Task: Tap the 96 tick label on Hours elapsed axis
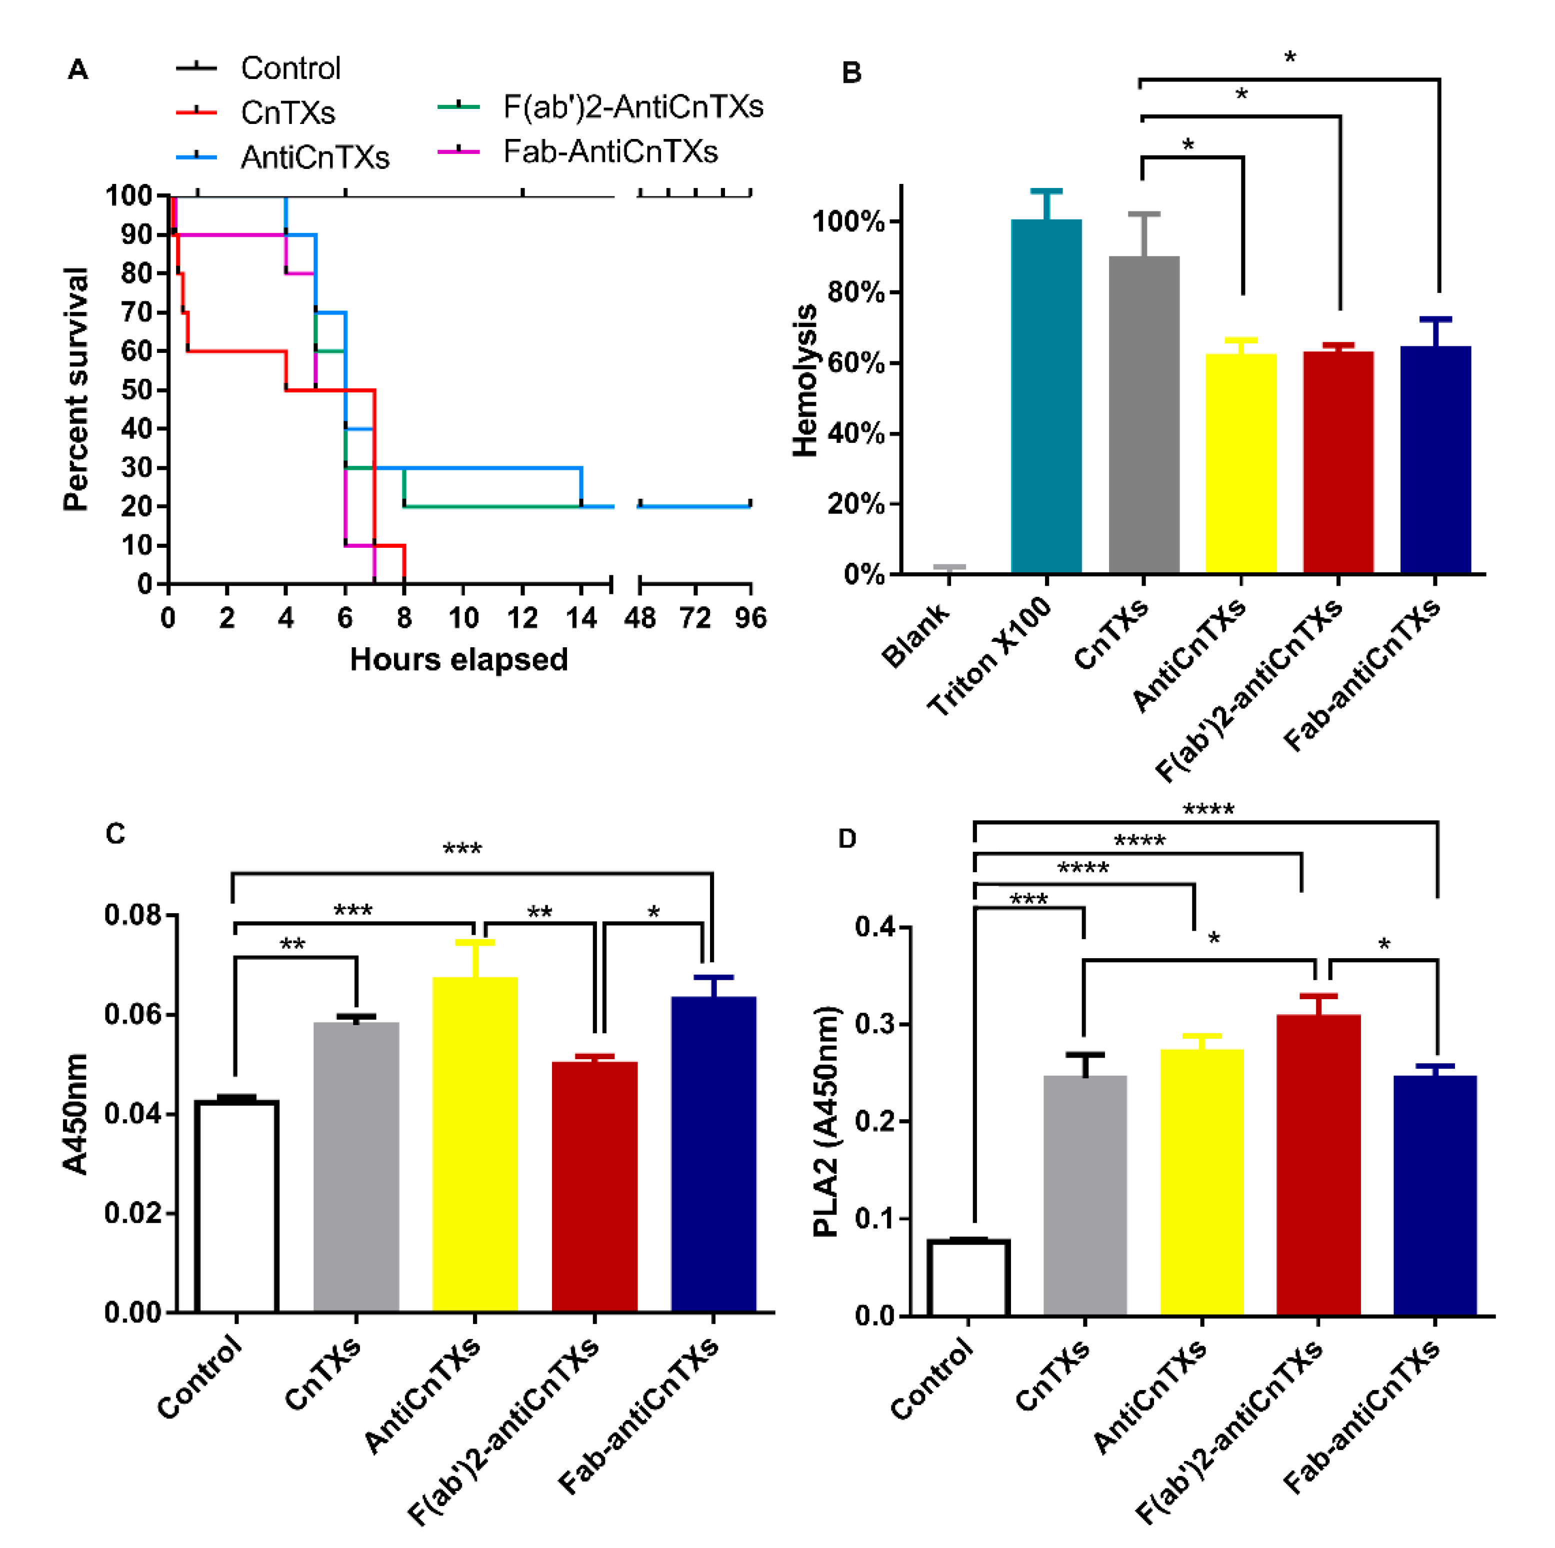tap(750, 618)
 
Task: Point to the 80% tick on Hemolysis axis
tap(855, 292)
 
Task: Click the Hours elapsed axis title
tap(459, 660)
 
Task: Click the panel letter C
tap(115, 834)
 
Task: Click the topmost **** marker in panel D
tap(1208, 809)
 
